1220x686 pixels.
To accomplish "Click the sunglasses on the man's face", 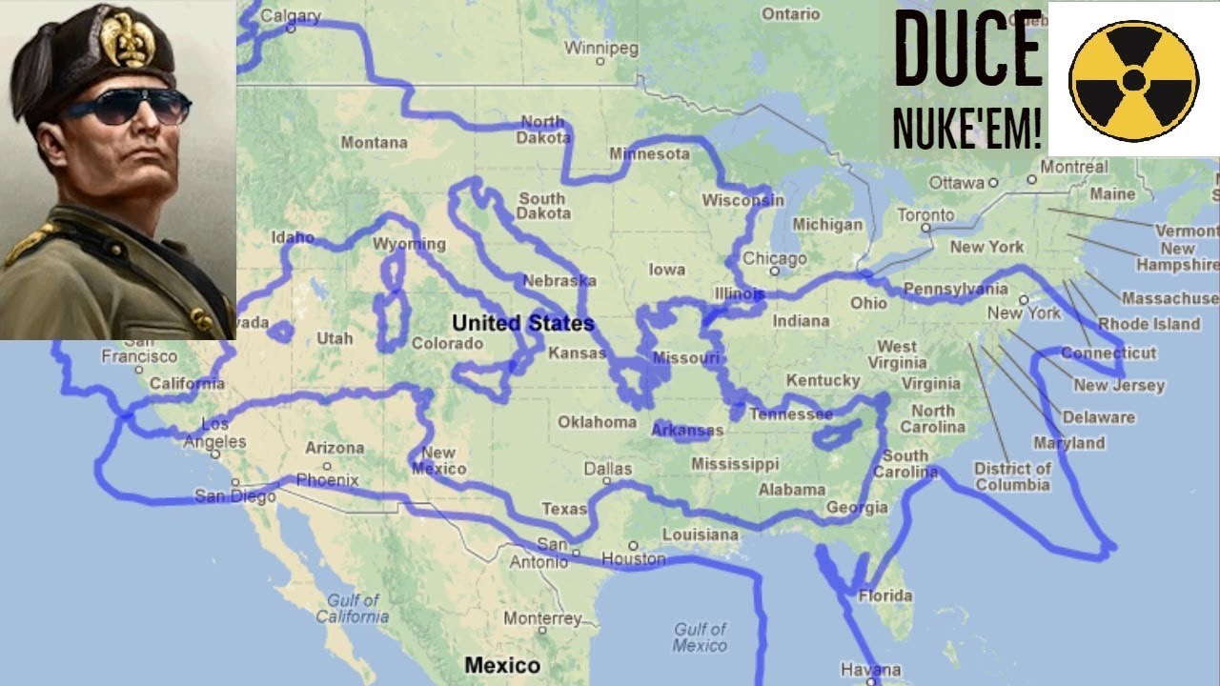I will point(129,107).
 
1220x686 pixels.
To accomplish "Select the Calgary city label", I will point(290,16).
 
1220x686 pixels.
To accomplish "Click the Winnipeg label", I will point(600,48).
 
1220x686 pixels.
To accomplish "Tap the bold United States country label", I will point(523,323).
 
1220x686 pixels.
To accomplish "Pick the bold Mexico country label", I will point(501,664).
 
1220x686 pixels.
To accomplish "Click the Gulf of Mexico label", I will point(700,637).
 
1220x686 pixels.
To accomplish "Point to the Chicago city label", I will point(774,258).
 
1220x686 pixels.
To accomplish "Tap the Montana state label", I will point(374,143).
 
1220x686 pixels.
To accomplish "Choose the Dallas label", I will point(607,469).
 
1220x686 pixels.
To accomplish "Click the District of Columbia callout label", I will point(1012,476).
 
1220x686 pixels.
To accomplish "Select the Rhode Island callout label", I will point(1149,324).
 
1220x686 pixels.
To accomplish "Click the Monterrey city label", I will point(541,618).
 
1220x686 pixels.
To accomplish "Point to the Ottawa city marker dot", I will point(992,181).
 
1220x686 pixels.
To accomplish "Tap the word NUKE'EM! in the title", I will point(966,129).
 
